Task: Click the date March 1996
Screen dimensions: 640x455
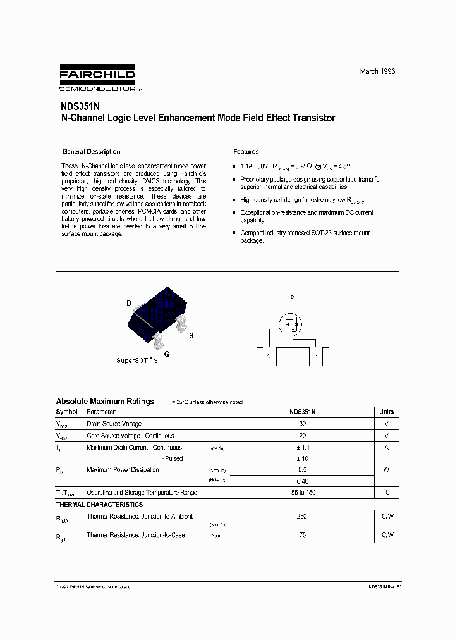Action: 377,71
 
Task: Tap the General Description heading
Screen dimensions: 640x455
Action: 91,152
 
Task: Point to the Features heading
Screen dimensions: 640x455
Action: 246,152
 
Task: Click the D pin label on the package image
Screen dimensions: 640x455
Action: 128,304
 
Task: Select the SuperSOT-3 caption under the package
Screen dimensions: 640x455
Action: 136,360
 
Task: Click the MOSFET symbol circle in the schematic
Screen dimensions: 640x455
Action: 291,324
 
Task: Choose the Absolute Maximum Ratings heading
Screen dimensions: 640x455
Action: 105,401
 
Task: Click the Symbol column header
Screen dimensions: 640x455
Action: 67,412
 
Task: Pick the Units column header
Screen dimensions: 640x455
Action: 386,412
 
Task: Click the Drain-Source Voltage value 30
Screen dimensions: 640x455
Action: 302,424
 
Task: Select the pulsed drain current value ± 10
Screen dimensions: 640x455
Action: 302,458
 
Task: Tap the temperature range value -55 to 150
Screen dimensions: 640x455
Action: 301,492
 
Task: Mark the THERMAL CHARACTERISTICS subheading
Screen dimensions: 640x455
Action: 99,504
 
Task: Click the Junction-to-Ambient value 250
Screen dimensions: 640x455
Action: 301,517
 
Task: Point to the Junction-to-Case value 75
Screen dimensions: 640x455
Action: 301,535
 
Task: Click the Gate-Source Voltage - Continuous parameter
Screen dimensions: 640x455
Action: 130,436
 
